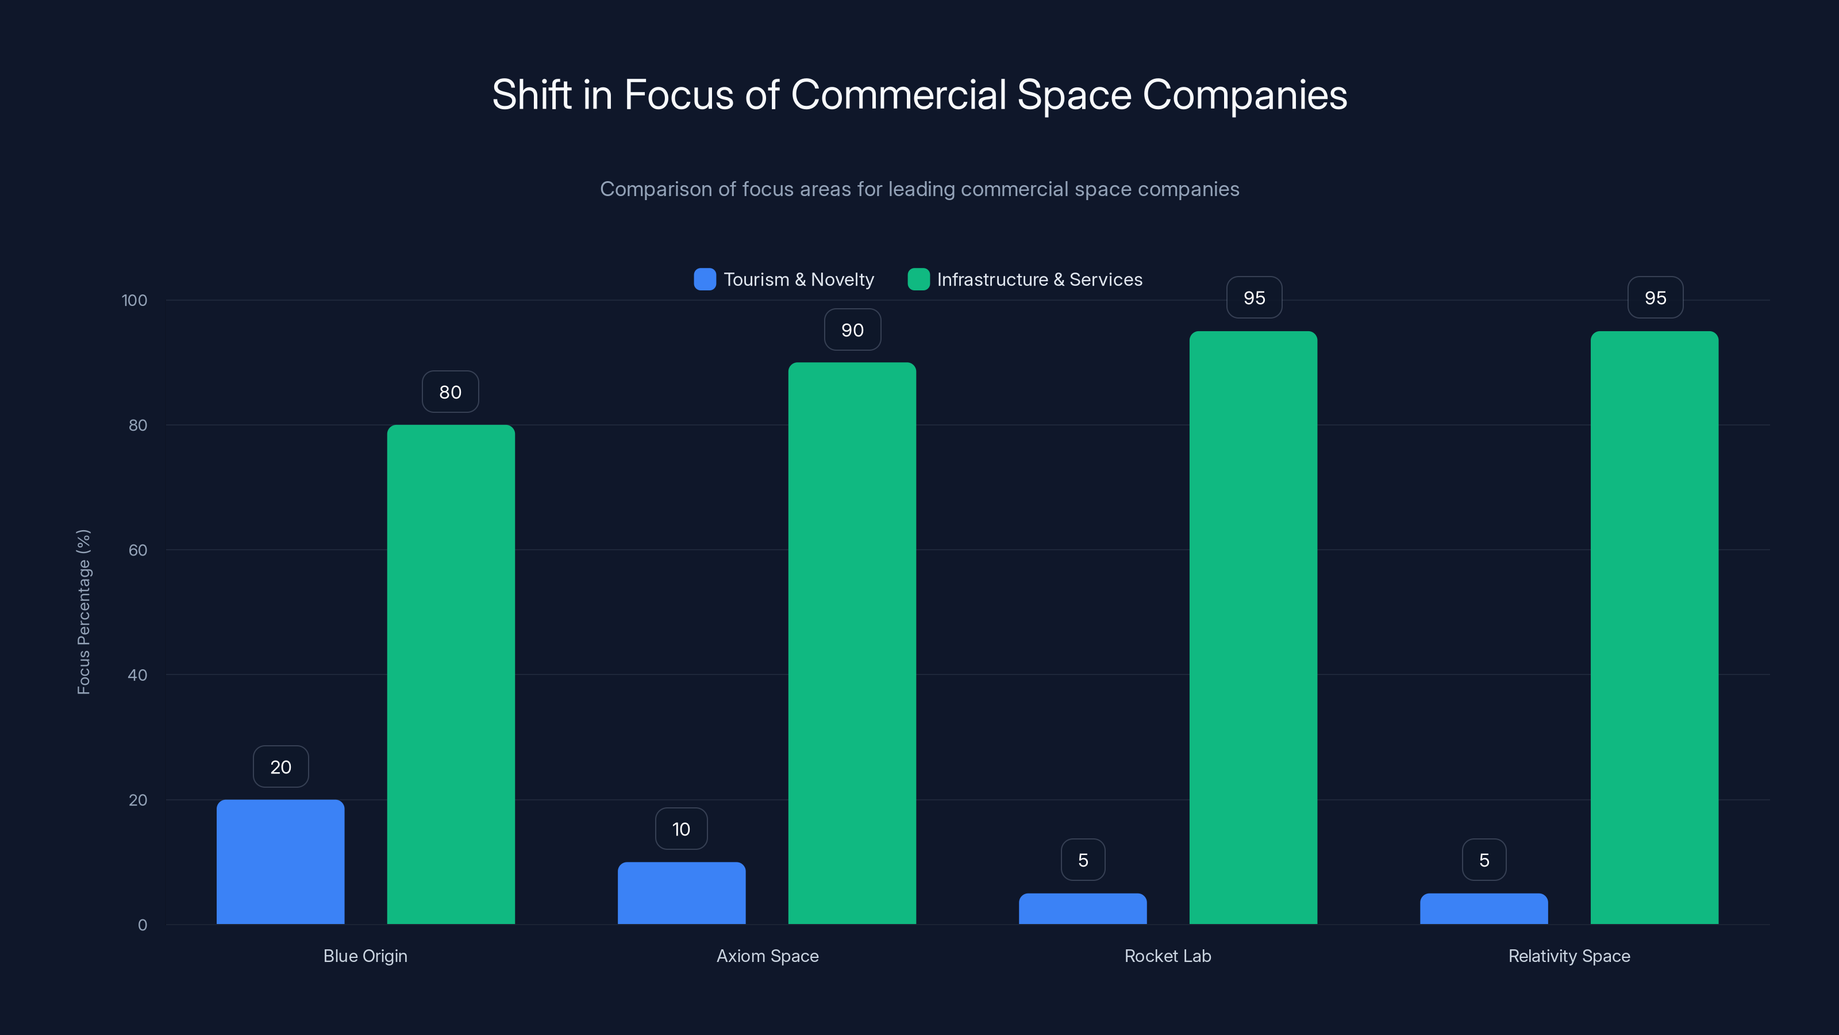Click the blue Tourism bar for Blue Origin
pyautogui.click(x=280, y=861)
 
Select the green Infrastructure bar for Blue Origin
pyautogui.click(x=451, y=674)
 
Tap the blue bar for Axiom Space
pyautogui.click(x=681, y=893)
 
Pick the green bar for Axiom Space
pyautogui.click(x=852, y=643)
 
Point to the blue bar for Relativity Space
pyautogui.click(x=1483, y=908)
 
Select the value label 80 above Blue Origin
pyautogui.click(x=451, y=392)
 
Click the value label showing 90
pyautogui.click(x=852, y=329)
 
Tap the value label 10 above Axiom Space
pyautogui.click(x=681, y=829)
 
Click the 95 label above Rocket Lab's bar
pyautogui.click(x=1253, y=297)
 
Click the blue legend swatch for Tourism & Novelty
pyautogui.click(x=705, y=279)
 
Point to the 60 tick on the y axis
pyautogui.click(x=138, y=550)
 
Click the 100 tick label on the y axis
pyautogui.click(x=134, y=300)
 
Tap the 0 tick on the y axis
pyautogui.click(x=142, y=925)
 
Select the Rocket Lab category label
pyautogui.click(x=1167, y=956)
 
